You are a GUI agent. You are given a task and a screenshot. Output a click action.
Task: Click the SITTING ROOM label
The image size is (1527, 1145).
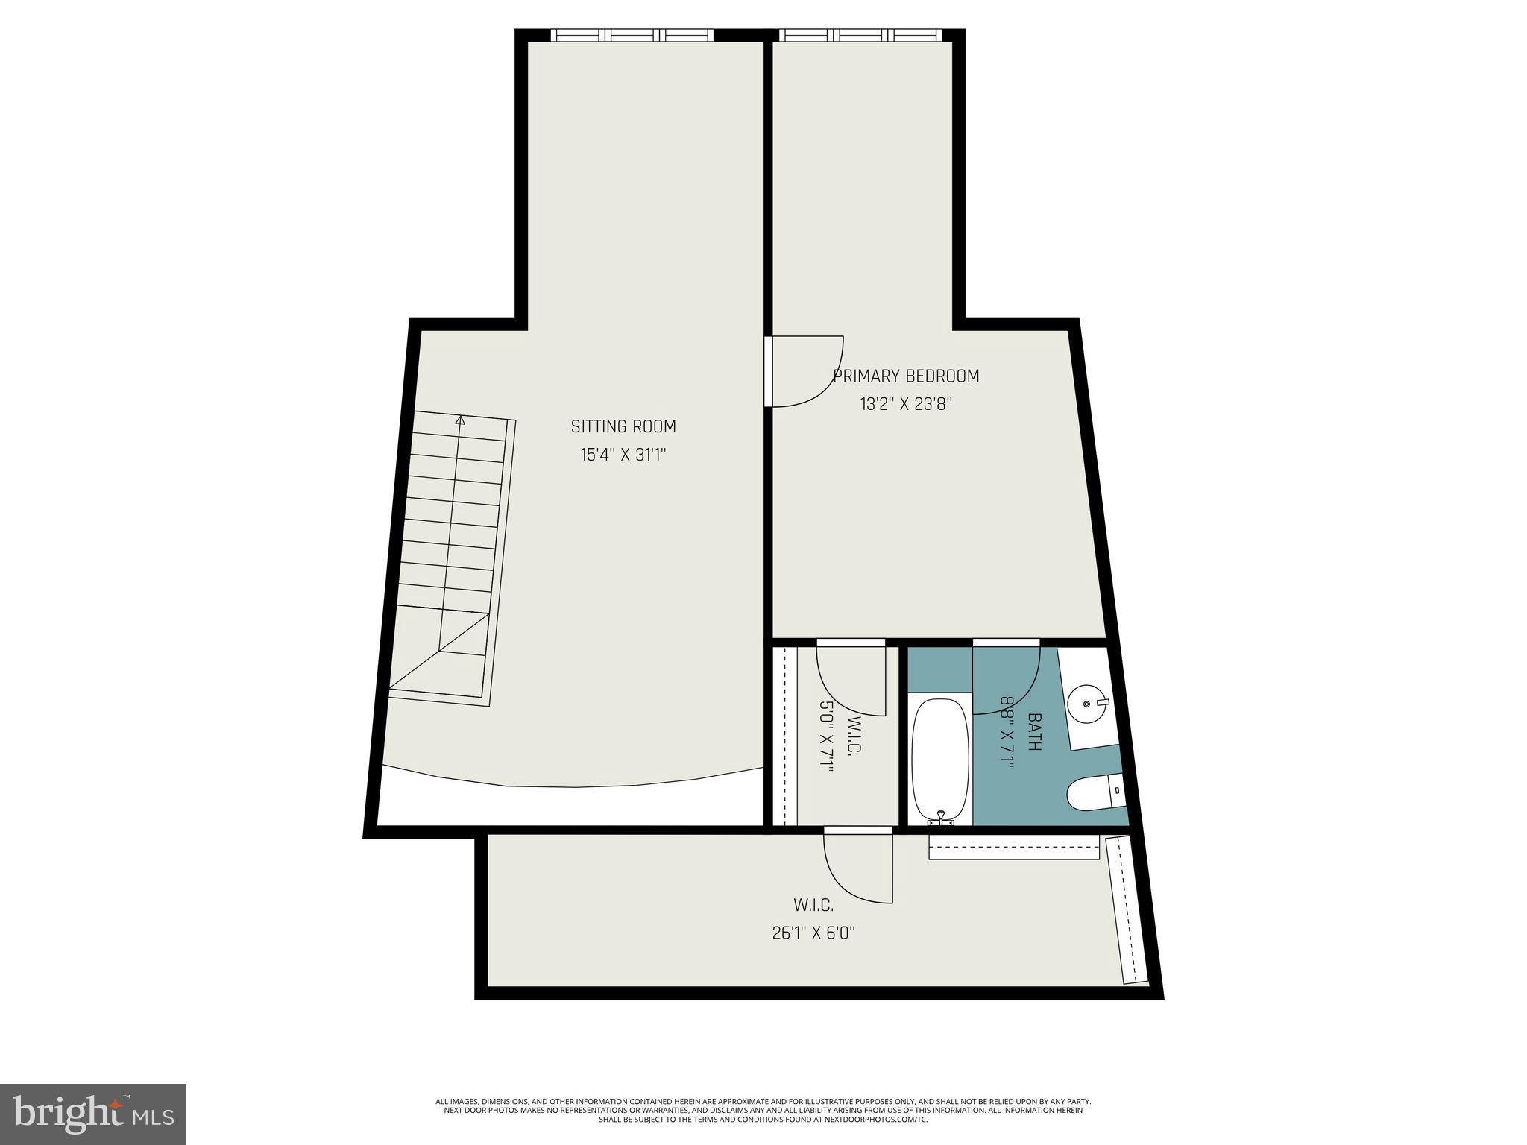click(x=623, y=426)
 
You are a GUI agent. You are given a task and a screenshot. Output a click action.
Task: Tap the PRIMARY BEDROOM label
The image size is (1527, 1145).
click(x=906, y=376)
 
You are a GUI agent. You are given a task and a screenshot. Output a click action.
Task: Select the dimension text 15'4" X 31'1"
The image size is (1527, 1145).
click(x=623, y=455)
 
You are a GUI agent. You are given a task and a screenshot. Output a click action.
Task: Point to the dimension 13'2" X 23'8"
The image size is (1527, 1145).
click(x=906, y=405)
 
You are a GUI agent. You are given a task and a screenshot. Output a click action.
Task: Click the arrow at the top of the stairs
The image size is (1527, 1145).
click(x=460, y=420)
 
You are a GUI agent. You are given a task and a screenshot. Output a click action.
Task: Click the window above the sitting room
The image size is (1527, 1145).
click(x=632, y=35)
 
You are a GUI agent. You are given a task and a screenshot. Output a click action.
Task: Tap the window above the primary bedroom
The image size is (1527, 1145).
click(x=860, y=35)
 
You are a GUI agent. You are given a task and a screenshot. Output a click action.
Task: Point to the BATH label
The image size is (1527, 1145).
click(x=1034, y=732)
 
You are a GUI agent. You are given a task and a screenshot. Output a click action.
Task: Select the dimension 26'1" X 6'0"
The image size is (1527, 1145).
click(x=813, y=933)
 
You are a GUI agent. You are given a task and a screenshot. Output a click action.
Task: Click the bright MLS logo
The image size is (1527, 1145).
click(x=93, y=1114)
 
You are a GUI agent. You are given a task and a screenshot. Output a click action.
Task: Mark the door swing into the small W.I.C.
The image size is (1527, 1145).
click(x=851, y=678)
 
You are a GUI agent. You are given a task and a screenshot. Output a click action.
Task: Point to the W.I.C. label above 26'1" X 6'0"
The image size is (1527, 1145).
click(x=813, y=905)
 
